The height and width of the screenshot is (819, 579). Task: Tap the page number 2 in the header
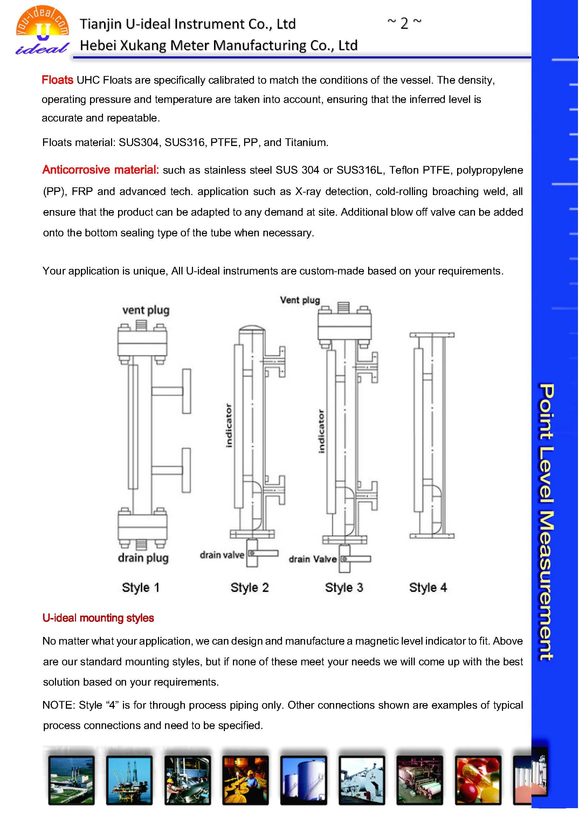click(404, 23)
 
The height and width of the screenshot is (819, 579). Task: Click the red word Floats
click(57, 80)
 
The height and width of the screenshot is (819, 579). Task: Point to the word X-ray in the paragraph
click(308, 192)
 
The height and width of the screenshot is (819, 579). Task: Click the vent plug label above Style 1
click(146, 310)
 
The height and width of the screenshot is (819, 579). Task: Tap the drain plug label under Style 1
click(143, 558)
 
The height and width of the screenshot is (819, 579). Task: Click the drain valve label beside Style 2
click(221, 555)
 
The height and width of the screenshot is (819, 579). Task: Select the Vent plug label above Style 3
click(300, 300)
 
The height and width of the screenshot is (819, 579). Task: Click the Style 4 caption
click(428, 588)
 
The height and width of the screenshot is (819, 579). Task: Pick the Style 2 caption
click(249, 588)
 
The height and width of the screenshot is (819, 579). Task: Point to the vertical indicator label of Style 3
click(322, 432)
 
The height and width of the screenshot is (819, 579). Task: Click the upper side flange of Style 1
click(186, 391)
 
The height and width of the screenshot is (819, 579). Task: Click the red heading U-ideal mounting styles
click(98, 618)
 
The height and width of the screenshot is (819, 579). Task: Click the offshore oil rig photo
click(129, 780)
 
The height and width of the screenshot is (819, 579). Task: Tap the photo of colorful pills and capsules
click(477, 780)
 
